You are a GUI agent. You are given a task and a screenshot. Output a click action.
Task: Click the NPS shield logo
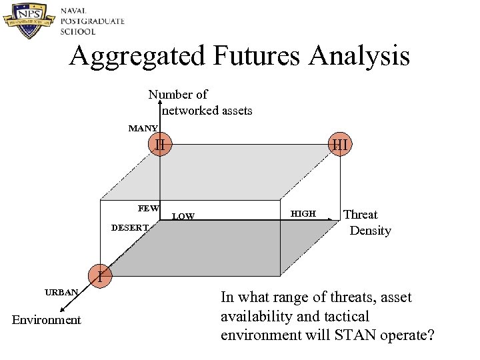(x=29, y=21)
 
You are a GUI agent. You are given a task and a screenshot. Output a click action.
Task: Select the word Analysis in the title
(x=359, y=56)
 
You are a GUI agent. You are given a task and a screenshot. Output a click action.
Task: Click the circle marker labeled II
(x=160, y=143)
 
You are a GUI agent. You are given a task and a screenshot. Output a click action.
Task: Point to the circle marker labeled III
(x=339, y=144)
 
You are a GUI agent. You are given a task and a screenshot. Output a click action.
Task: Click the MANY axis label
(x=143, y=128)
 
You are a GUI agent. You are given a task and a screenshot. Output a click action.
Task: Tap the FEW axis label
(x=148, y=209)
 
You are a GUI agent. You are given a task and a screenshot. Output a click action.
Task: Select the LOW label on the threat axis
(x=183, y=217)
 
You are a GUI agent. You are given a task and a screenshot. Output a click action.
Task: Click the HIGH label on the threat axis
(x=304, y=213)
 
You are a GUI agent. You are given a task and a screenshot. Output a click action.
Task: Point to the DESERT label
(x=130, y=228)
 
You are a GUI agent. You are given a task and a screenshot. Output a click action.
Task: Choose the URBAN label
(x=61, y=292)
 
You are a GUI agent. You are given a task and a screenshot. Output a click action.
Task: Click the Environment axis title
(x=47, y=320)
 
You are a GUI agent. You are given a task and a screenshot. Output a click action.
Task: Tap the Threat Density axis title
(x=366, y=223)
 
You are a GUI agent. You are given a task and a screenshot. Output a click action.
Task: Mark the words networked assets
(x=207, y=111)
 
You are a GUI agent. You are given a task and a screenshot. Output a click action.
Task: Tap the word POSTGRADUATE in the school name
(x=92, y=21)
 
